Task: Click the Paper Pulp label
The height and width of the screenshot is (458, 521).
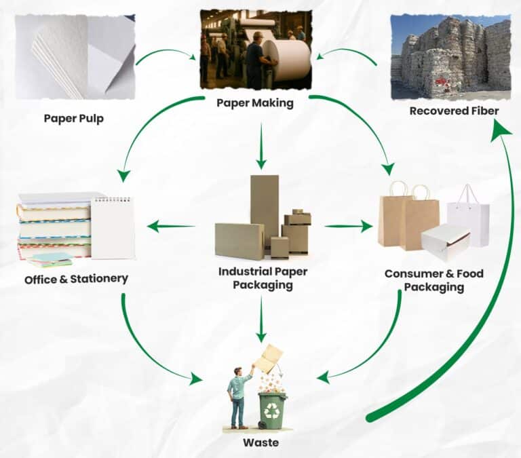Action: coord(75,118)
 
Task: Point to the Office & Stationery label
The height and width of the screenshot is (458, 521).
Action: coord(76,279)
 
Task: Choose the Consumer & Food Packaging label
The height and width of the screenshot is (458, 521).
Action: coord(434,280)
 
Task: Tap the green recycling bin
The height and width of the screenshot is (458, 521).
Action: coord(272,409)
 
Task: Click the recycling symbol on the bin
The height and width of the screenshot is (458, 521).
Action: coord(272,410)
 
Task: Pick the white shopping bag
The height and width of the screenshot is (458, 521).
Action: coord(469,216)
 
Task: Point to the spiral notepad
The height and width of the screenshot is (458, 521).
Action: coord(113,227)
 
